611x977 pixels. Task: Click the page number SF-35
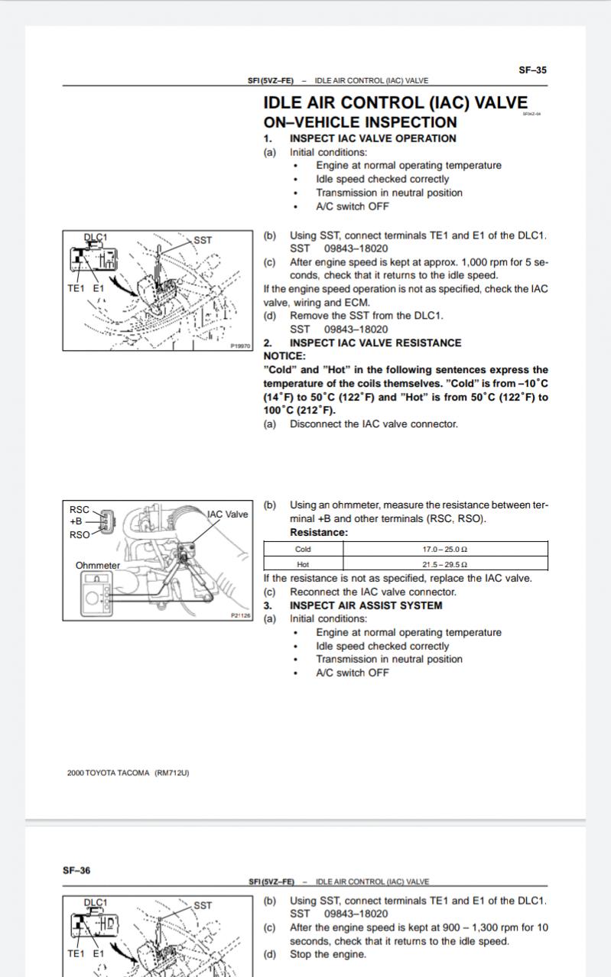point(532,70)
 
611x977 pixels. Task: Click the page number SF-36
point(76,870)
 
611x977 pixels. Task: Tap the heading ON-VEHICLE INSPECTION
point(360,122)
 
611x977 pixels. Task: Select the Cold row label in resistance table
point(303,549)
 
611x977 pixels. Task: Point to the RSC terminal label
point(79,509)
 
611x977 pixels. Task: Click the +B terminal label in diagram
point(76,521)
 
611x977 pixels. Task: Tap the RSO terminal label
point(80,534)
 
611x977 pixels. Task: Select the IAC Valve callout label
point(227,514)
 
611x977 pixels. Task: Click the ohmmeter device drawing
point(96,594)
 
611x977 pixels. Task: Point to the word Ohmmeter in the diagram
point(97,565)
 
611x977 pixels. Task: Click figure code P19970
point(240,346)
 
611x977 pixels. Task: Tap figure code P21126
point(240,615)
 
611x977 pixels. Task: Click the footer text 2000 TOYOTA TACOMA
point(109,773)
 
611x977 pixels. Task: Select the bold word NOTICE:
point(284,356)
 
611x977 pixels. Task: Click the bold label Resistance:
point(319,532)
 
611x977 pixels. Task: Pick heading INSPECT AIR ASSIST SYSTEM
point(366,605)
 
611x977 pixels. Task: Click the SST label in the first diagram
point(203,240)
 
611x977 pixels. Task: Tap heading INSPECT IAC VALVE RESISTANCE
point(375,342)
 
